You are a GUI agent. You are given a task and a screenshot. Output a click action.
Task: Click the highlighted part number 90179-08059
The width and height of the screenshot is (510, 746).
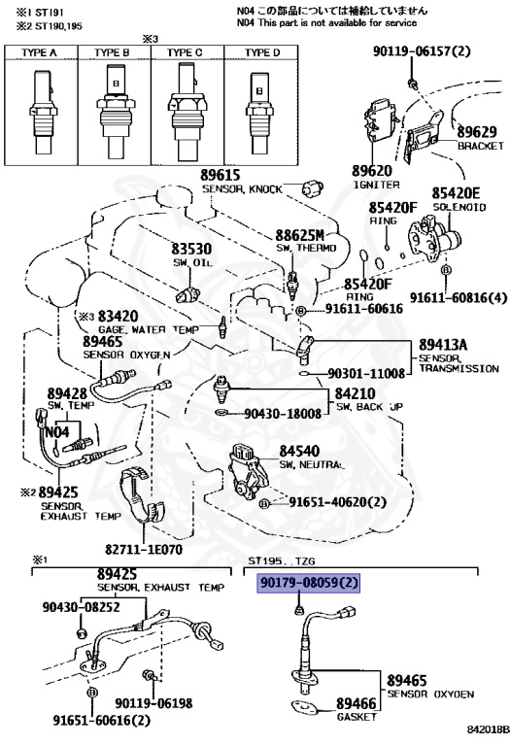[308, 583]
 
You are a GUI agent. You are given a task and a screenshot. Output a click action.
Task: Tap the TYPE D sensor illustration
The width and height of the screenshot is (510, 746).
[259, 113]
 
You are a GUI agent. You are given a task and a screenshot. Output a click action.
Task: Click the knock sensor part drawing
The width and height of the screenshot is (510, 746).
[313, 188]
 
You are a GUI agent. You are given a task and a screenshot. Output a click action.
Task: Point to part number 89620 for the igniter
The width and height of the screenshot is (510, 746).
[372, 170]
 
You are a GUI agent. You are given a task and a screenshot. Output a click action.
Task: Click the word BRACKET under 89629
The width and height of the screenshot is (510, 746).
[481, 146]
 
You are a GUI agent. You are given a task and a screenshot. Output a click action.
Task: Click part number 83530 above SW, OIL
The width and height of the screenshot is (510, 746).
[191, 249]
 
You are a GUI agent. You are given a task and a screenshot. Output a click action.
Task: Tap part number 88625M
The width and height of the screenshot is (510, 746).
[300, 235]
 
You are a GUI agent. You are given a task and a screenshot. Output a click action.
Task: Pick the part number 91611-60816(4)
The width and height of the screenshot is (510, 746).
[459, 298]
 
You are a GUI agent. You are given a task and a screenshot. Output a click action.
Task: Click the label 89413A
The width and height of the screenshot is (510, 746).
[443, 345]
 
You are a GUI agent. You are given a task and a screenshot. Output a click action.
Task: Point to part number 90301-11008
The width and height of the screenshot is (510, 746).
[366, 373]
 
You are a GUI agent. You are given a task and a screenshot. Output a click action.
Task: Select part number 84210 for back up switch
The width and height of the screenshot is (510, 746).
[355, 393]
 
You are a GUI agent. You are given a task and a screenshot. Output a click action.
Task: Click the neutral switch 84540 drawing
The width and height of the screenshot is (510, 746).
[249, 470]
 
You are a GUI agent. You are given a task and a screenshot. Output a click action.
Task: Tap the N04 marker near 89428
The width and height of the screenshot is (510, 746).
[57, 432]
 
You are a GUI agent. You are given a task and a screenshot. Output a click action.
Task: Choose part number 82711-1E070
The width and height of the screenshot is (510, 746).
[144, 550]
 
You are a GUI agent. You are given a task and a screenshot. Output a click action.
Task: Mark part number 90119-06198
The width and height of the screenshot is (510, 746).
[153, 703]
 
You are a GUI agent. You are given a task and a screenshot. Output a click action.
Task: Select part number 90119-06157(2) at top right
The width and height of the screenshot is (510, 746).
[422, 51]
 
